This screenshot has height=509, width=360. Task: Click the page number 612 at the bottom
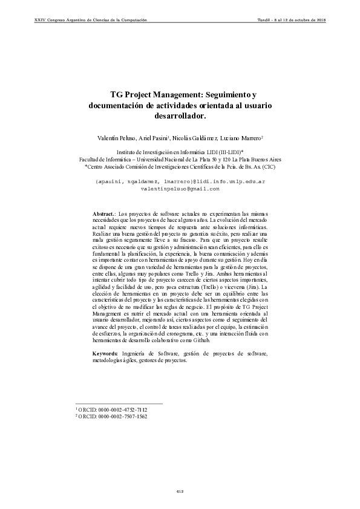[180, 491]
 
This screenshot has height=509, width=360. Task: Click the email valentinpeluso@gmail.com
[180, 189]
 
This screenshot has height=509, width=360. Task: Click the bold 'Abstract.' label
[105, 214]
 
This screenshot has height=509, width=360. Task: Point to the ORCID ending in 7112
[111, 409]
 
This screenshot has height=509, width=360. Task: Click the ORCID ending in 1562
[111, 416]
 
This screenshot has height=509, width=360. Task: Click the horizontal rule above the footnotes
[118, 403]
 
